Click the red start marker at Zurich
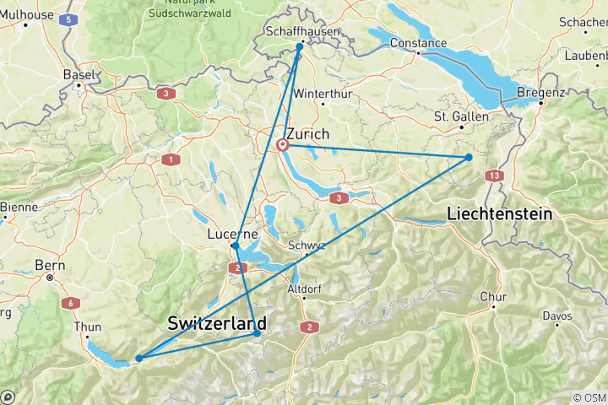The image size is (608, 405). tap(284, 145)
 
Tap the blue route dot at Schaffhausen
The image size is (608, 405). tap(299, 47)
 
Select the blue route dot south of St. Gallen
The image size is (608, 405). tap(469, 157)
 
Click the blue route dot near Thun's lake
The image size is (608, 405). tap(138, 359)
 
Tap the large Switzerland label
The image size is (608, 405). tap(217, 323)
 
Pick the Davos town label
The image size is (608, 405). tap(557, 316)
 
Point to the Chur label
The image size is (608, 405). tap(493, 297)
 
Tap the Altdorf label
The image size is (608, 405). tap(305, 289)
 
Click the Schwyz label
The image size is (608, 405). tap(306, 246)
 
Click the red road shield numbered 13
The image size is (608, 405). tap(493, 175)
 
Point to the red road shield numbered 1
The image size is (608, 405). tap(171, 159)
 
